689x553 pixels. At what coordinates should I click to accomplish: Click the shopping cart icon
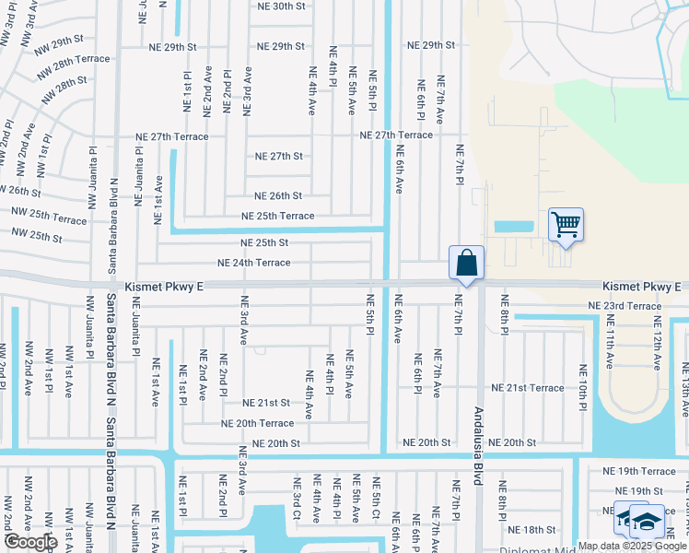565,224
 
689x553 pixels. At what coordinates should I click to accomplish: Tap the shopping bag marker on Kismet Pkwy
467,263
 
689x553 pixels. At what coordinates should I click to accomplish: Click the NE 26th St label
278,195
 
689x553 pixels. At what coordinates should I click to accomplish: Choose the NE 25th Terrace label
277,216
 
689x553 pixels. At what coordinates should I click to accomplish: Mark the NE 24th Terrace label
253,263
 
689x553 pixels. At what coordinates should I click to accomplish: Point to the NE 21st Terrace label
527,388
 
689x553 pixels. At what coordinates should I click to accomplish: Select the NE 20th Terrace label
257,423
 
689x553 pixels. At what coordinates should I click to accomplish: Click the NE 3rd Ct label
297,499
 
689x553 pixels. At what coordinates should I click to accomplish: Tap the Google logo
30,542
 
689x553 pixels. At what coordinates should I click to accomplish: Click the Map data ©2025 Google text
632,546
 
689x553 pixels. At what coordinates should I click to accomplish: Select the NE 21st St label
266,403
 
